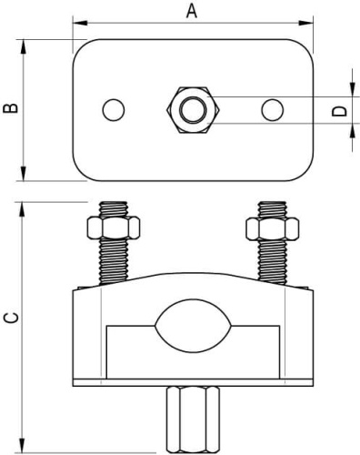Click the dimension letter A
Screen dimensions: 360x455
pos(192,12)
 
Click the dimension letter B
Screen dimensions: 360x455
pos(11,108)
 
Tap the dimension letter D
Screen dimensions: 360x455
pos(339,111)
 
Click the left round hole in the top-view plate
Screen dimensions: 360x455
pos(114,110)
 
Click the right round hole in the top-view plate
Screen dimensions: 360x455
pos(273,110)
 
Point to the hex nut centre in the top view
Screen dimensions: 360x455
pos(194,110)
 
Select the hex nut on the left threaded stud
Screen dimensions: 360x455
pos(114,227)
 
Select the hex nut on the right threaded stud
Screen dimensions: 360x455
pos(273,227)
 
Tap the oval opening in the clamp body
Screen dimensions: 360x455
pos(193,326)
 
